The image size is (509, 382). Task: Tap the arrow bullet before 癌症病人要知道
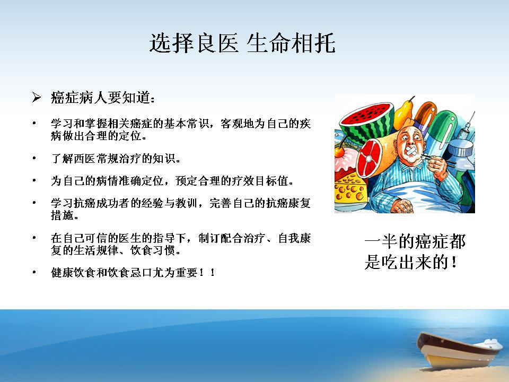(36, 97)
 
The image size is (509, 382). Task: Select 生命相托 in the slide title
(291, 43)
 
